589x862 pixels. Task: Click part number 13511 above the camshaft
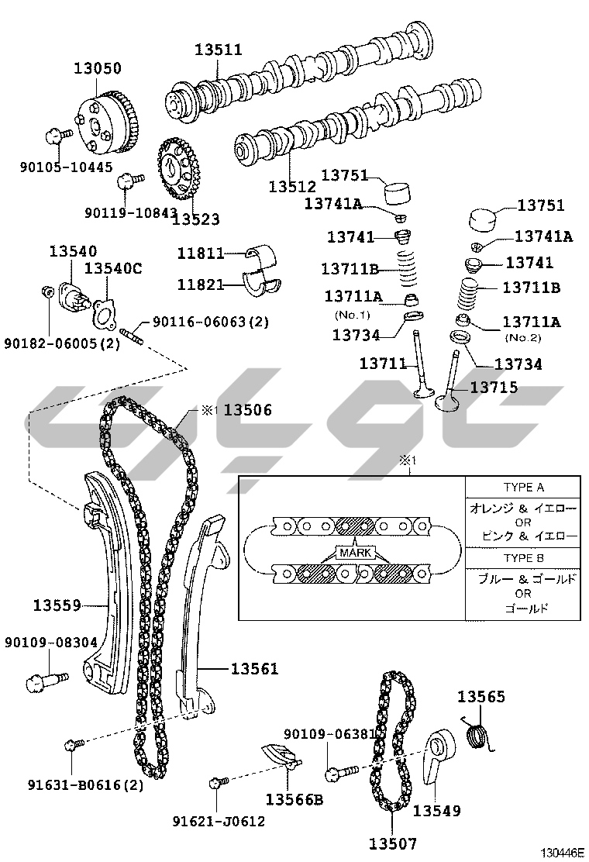click(218, 50)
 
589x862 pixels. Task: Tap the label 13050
click(98, 68)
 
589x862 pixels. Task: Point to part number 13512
click(292, 186)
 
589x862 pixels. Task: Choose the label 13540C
click(113, 268)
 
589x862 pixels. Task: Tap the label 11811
click(201, 253)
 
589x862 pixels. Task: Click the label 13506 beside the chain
click(248, 409)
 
